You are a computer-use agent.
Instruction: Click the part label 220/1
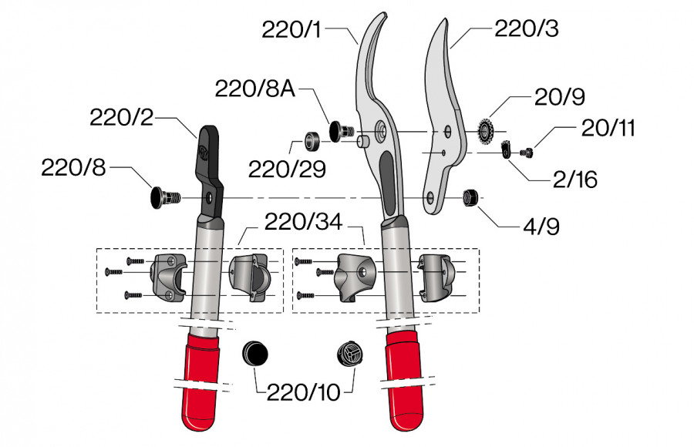292,31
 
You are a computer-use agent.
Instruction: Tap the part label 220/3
527,31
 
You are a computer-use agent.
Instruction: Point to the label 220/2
122,118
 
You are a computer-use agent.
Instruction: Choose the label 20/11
609,128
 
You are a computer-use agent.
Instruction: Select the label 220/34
304,223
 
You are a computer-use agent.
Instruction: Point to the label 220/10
303,392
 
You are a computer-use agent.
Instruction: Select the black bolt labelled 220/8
163,197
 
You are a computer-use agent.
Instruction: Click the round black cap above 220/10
255,355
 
